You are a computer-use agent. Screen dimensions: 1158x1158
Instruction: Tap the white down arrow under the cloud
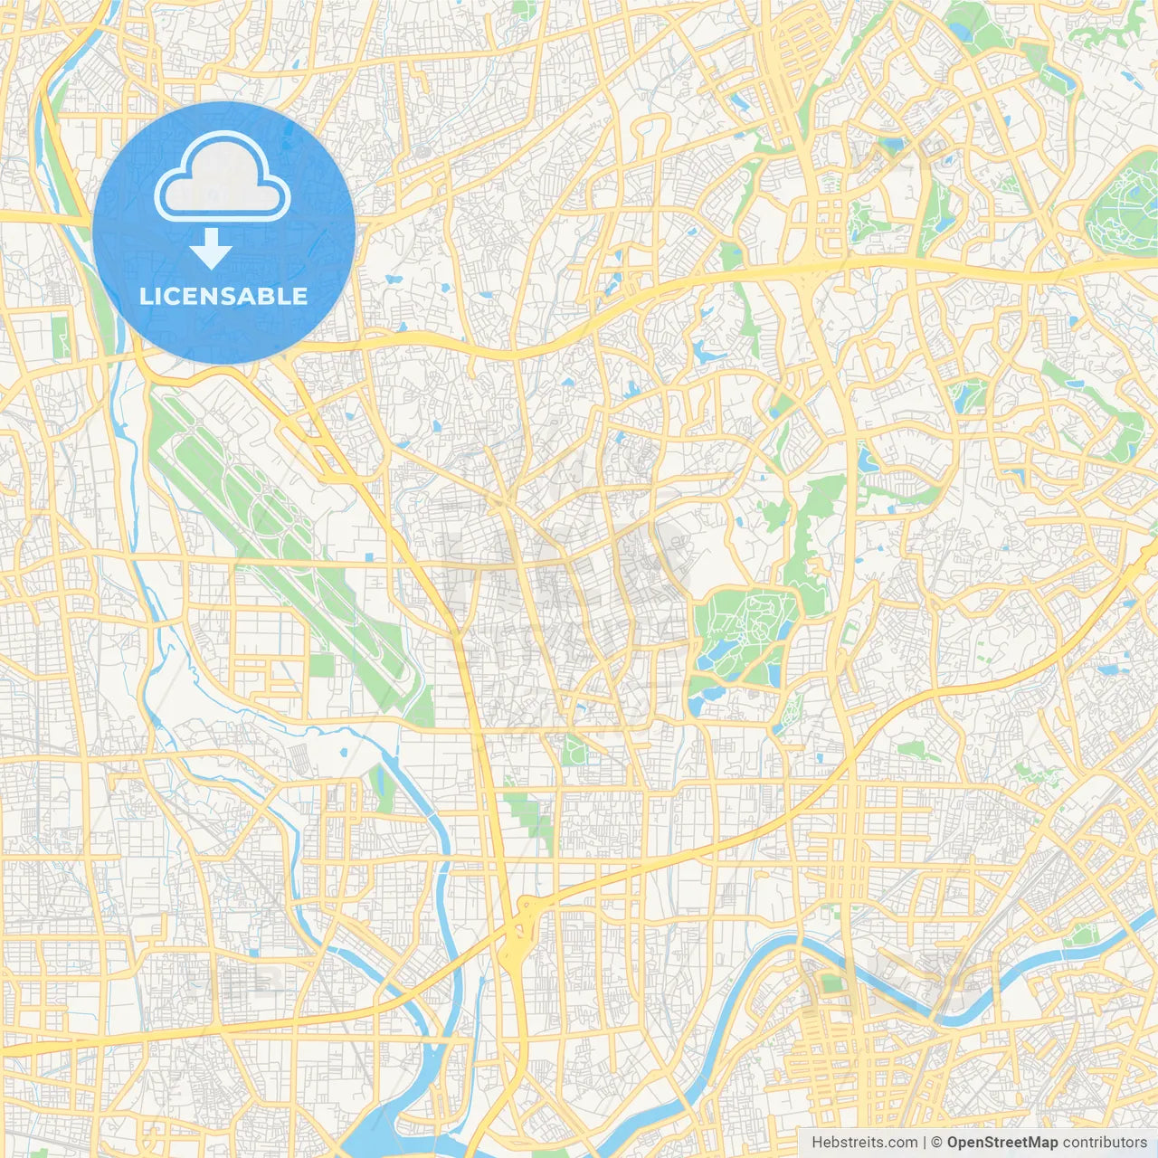(212, 250)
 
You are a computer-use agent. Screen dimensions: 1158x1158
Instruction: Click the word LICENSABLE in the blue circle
(223, 296)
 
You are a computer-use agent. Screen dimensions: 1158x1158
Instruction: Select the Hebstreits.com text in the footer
(864, 1143)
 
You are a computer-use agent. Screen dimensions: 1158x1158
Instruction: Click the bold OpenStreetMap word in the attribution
(1001, 1143)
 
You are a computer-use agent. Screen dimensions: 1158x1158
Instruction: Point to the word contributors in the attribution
(1104, 1143)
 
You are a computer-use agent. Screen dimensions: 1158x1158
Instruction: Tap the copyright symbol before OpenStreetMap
(937, 1143)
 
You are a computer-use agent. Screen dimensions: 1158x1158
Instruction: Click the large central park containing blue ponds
(742, 633)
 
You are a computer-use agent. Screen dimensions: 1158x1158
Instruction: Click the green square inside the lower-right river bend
(831, 983)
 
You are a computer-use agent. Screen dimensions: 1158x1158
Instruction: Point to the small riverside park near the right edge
(1081, 935)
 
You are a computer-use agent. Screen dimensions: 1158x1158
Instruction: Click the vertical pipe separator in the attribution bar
(924, 1143)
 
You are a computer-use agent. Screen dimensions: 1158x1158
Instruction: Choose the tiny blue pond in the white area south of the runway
(343, 751)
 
